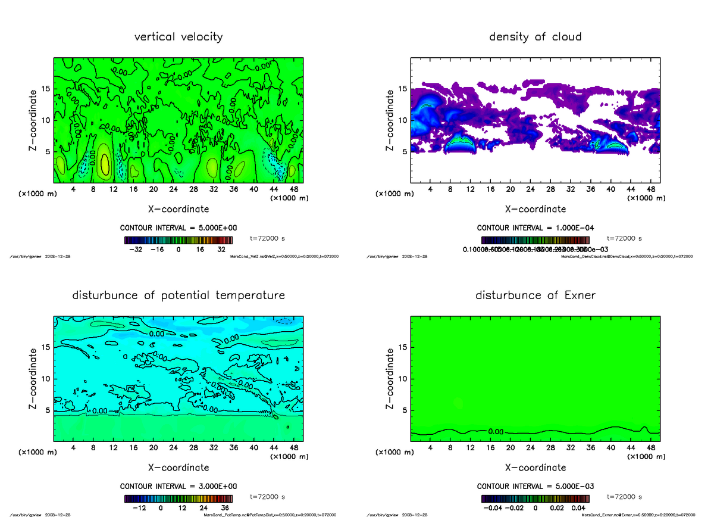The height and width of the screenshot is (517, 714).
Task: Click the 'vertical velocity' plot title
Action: tap(178, 37)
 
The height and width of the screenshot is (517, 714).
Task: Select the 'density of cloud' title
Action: tap(535, 37)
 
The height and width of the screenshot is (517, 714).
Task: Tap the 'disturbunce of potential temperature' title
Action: tap(178, 295)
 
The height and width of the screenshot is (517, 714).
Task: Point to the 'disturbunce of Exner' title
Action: tap(535, 295)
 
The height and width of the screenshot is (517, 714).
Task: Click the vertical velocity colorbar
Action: tap(178, 240)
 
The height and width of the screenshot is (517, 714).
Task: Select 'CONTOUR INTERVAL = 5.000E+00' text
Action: tap(178, 228)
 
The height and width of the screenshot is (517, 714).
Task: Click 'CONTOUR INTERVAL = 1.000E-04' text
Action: tap(535, 228)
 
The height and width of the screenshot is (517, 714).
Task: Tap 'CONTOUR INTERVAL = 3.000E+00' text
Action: tap(178, 487)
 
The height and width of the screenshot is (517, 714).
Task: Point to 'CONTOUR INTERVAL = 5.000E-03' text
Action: tap(535, 487)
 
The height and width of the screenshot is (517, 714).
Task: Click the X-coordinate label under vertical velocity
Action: tap(178, 209)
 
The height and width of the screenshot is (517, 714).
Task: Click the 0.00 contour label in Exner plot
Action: tap(496, 431)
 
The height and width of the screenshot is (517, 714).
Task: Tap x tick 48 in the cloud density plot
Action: tap(650, 189)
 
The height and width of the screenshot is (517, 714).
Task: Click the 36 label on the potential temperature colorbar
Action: tap(225, 508)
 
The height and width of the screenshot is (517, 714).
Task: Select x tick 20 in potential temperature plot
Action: tap(154, 448)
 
